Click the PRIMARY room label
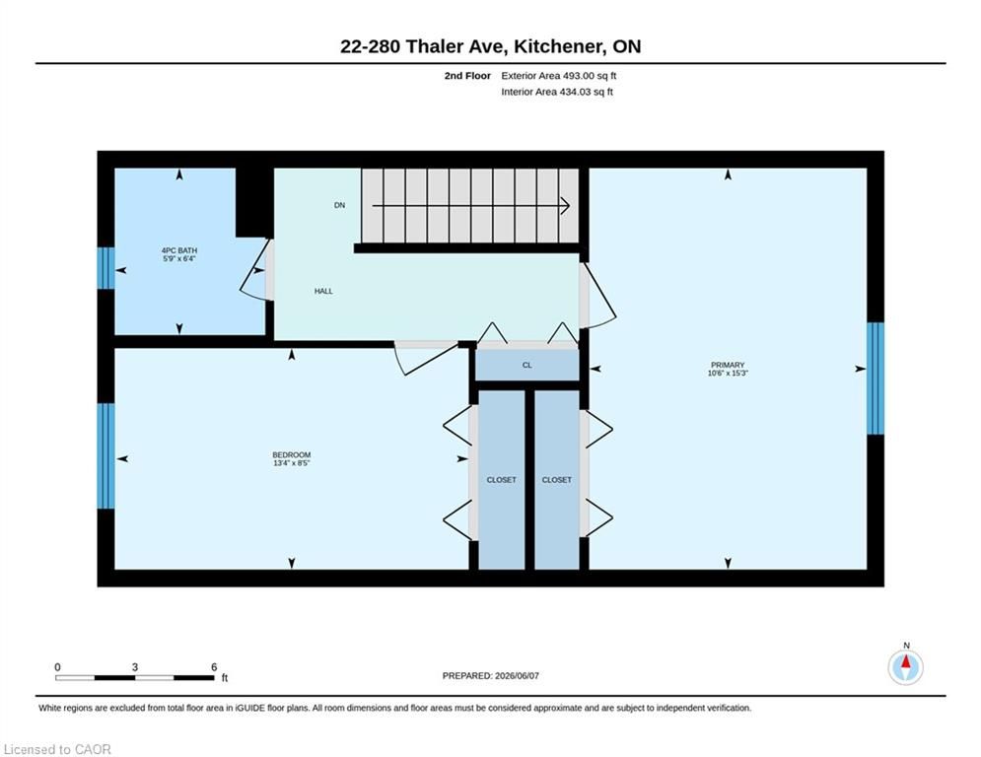[728, 369]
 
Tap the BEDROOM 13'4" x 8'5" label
[292, 458]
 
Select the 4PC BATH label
[179, 254]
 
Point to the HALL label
[323, 291]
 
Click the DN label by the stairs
[340, 205]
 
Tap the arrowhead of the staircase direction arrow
[566, 205]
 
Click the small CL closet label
[527, 365]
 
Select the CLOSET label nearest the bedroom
[502, 480]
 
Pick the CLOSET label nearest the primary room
[557, 480]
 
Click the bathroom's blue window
[106, 268]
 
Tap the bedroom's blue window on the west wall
[106, 455]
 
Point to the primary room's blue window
[876, 378]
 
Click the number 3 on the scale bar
[134, 667]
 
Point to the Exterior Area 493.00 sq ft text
[559, 76]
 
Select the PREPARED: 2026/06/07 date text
[491, 675]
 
